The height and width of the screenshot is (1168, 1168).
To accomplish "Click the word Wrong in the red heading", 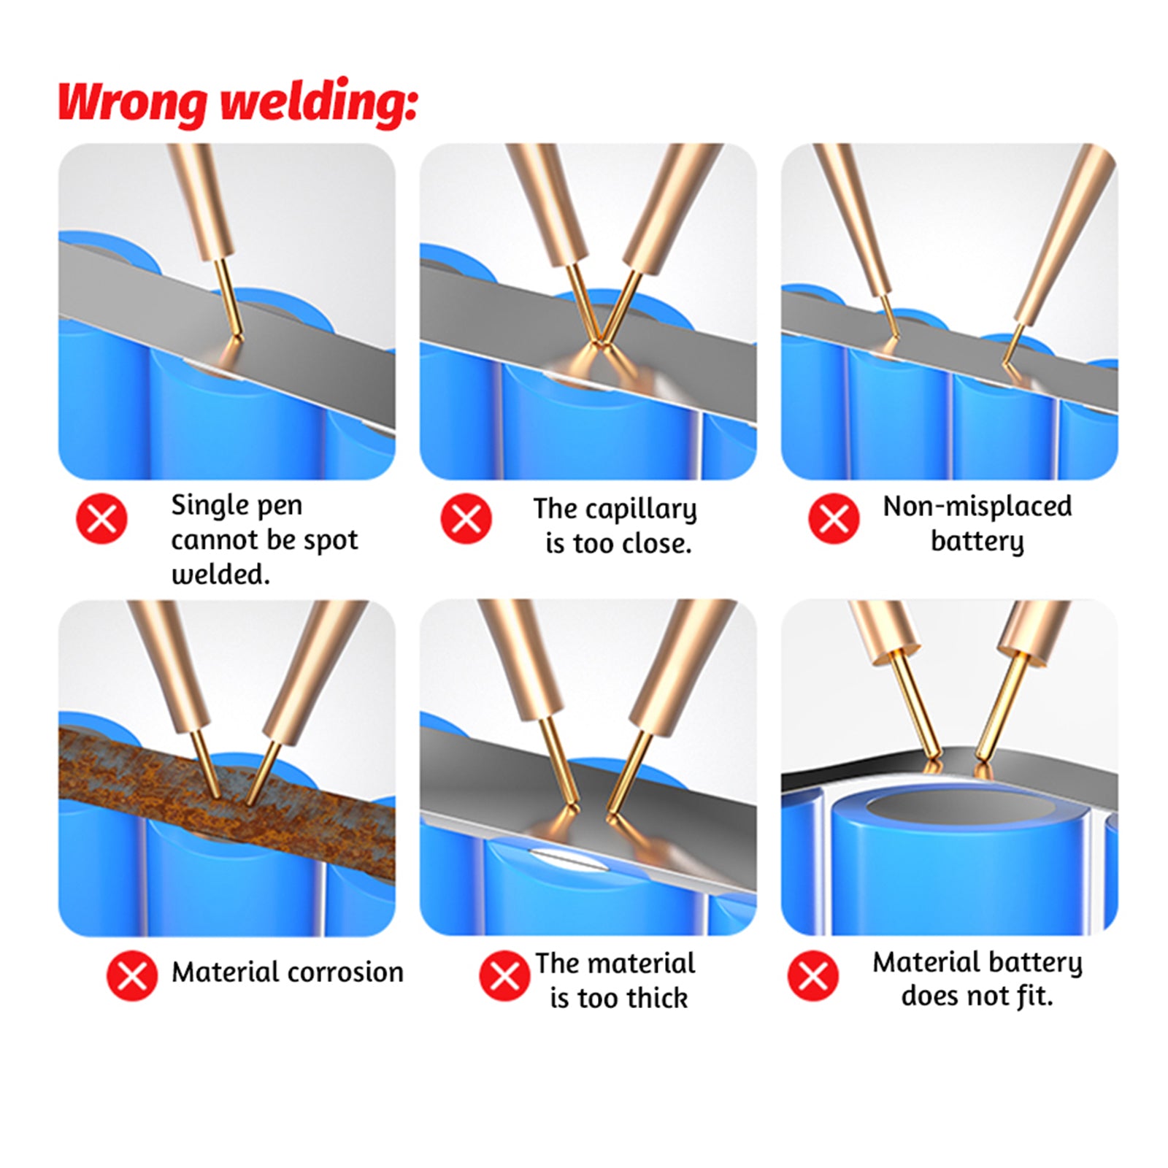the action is [132, 103].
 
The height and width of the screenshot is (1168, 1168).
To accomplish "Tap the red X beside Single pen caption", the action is [101, 519].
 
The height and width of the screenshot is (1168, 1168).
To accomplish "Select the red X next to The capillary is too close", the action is [466, 519].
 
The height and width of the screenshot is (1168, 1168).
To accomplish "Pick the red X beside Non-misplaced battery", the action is [834, 519].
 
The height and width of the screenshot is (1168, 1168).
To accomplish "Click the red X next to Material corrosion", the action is [132, 976].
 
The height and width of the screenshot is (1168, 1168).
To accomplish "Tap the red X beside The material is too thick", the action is [504, 976].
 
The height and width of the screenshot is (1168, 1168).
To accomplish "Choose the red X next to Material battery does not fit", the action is [813, 976].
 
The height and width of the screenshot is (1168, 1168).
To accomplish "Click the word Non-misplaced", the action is [977, 507].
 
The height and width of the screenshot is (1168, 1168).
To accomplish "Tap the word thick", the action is [657, 998].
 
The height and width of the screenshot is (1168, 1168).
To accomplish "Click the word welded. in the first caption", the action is [220, 575].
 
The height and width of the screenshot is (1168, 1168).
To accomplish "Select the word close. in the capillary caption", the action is [654, 544].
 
